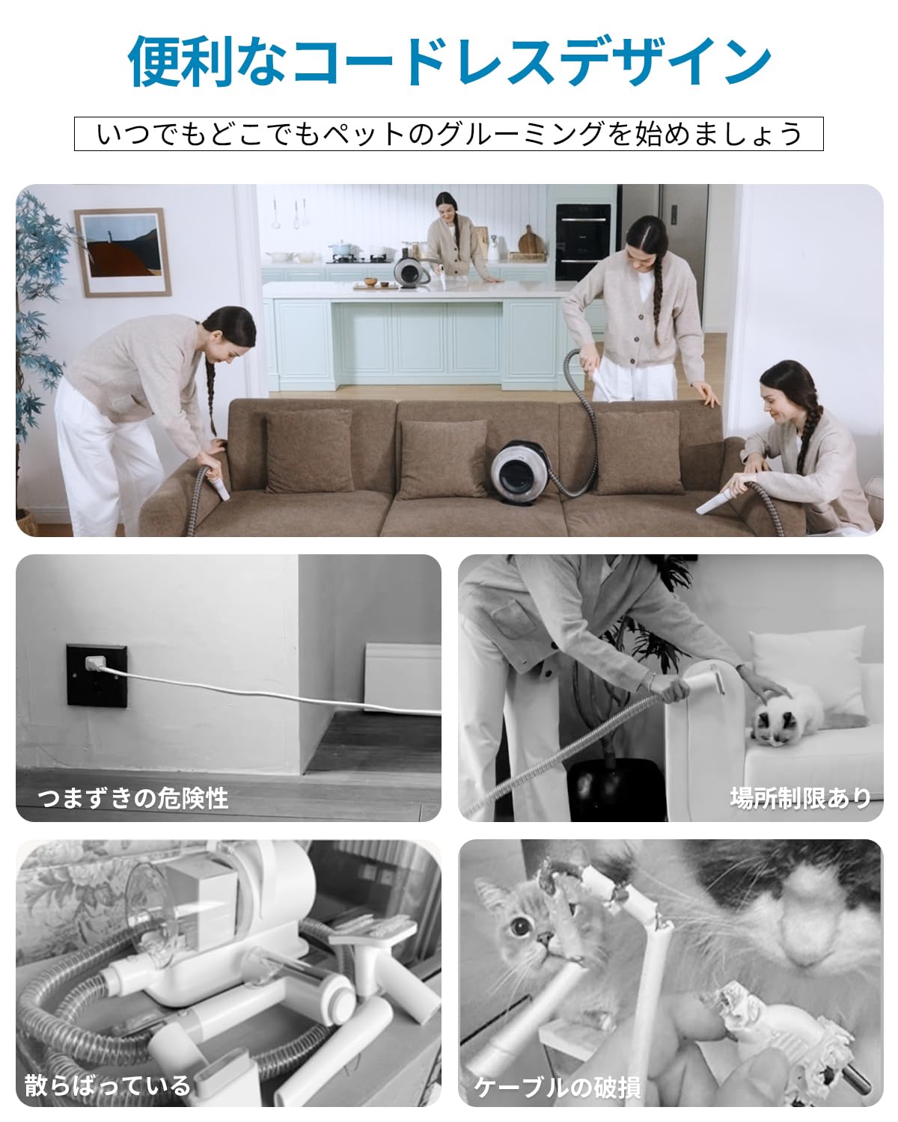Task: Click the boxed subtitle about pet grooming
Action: pyautogui.click(x=449, y=134)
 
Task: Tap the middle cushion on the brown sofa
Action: pyautogui.click(x=442, y=458)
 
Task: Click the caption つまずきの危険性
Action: pyautogui.click(x=132, y=797)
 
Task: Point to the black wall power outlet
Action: pyautogui.click(x=97, y=674)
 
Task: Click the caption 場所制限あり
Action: pyautogui.click(x=800, y=797)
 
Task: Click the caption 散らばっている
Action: pyautogui.click(x=107, y=1085)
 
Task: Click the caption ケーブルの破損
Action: pyautogui.click(x=557, y=1087)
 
